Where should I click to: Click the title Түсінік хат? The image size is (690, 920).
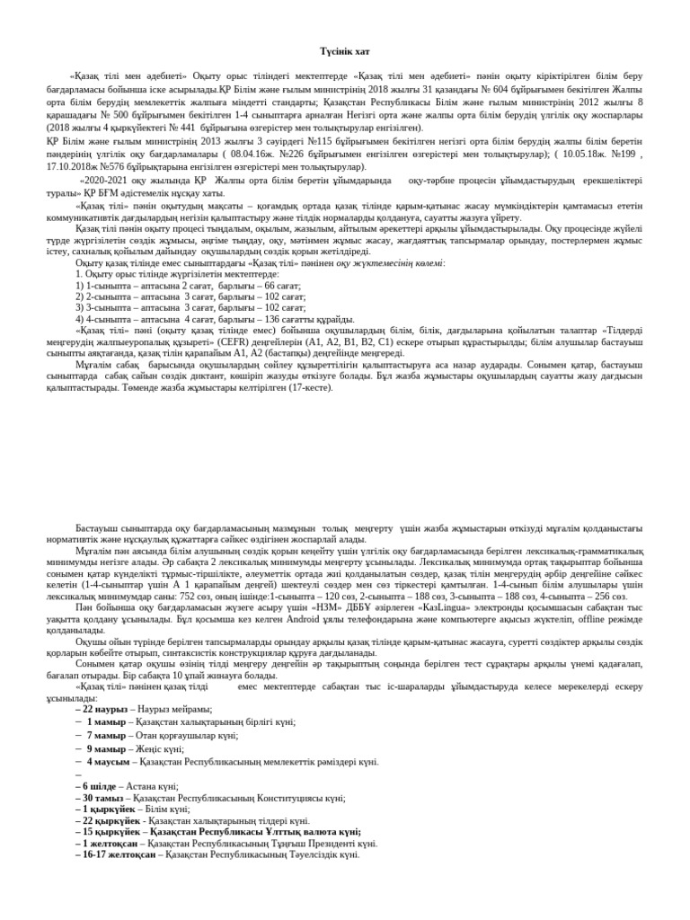click(x=345, y=53)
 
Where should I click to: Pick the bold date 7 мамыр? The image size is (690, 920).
click(x=106, y=735)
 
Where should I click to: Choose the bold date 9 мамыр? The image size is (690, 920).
click(x=106, y=748)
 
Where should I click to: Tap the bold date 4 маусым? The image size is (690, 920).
click(x=109, y=761)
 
